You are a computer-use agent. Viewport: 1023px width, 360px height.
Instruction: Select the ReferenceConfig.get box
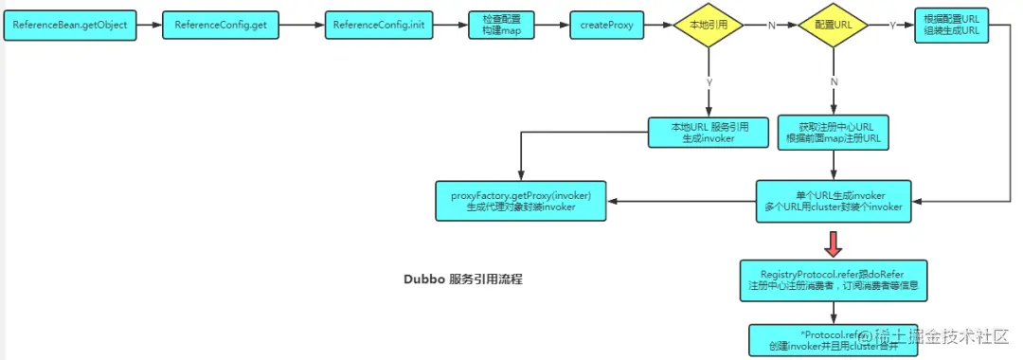[x=221, y=26]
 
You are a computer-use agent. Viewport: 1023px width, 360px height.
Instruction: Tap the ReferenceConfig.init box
[x=384, y=26]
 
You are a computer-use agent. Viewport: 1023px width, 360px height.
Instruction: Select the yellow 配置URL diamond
[x=833, y=26]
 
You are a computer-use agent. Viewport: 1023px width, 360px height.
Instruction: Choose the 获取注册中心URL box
[x=833, y=132]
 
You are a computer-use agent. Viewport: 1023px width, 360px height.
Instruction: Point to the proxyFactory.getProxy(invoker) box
[x=521, y=200]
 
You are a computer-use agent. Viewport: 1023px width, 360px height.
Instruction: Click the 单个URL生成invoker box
[x=833, y=200]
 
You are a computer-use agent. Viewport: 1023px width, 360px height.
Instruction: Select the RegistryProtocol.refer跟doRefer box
[x=833, y=279]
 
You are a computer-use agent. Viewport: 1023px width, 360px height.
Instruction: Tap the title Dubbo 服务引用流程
[x=463, y=280]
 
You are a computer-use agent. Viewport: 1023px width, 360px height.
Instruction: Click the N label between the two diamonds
[x=770, y=26]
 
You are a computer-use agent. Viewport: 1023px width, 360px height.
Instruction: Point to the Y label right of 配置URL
[x=893, y=26]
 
